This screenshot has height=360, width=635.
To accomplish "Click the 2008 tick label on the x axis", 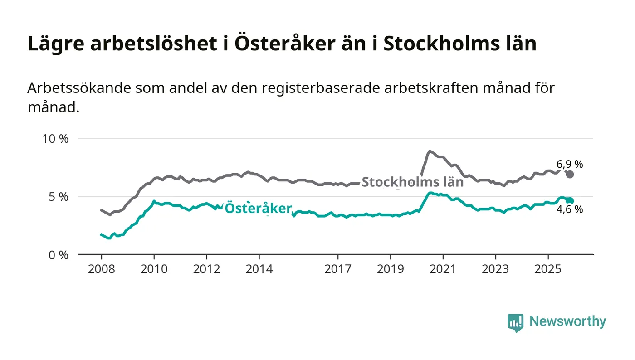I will tap(102, 269).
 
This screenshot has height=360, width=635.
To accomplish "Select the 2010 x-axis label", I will tap(154, 269).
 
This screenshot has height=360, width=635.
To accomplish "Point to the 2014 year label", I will tap(259, 269).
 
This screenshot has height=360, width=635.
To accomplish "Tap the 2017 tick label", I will tap(338, 269).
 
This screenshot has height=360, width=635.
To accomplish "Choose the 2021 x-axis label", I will tap(443, 269).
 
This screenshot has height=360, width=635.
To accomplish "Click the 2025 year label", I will tap(548, 269).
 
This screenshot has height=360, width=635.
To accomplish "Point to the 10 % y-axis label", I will tap(55, 139).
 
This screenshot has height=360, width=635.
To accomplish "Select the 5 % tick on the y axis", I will tap(58, 197).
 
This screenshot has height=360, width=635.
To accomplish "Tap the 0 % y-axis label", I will tap(58, 255).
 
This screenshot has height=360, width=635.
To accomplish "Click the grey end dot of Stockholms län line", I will tap(570, 175).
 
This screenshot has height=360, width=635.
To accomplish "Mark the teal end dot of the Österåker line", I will tap(570, 200).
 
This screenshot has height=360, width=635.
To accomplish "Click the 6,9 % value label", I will tap(570, 164).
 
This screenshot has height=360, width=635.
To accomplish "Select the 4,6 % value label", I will tap(570, 209).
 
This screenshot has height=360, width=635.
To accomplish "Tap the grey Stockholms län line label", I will tap(412, 182).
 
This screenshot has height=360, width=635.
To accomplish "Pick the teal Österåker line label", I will tap(258, 208).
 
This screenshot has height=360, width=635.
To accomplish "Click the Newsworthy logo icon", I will tap(515, 322).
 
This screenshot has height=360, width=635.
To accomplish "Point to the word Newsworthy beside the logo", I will tap(567, 321).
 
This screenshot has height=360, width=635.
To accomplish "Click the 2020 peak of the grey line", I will tap(429, 151).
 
